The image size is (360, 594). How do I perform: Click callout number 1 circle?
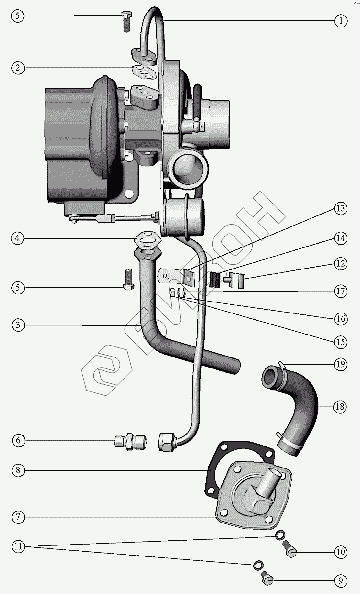(340, 21)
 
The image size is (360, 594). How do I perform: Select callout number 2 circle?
(18, 68)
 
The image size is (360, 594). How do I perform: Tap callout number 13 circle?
(340, 208)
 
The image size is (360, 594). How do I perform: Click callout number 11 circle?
(18, 546)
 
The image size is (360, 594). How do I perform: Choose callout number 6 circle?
(18, 440)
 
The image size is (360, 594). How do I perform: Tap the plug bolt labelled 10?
(290, 550)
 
